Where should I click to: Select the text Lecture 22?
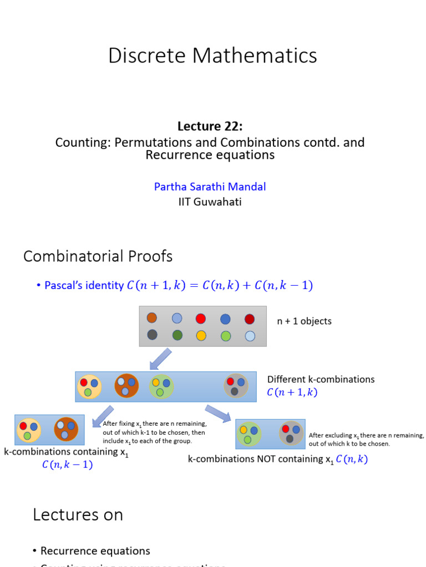tap(210, 126)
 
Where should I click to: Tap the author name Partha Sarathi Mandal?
tap(210, 187)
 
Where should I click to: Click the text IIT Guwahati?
tap(210, 202)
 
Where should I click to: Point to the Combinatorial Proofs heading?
tap(98, 256)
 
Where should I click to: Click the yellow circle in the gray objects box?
tap(201, 335)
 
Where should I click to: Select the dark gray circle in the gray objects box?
tap(152, 334)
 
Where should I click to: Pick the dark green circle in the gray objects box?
tap(177, 335)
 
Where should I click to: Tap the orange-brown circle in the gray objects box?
tap(151, 318)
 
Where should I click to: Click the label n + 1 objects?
tap(305, 321)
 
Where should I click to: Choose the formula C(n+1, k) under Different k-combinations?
tap(292, 393)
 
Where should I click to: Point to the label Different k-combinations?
tap(321, 379)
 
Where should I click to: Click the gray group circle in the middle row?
tap(236, 386)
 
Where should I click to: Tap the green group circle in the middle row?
tap(161, 386)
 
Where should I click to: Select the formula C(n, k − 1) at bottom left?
tap(67, 465)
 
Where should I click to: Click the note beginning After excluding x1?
tap(366, 439)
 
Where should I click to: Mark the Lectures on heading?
tap(78, 514)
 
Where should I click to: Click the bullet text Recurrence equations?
tap(95, 551)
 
